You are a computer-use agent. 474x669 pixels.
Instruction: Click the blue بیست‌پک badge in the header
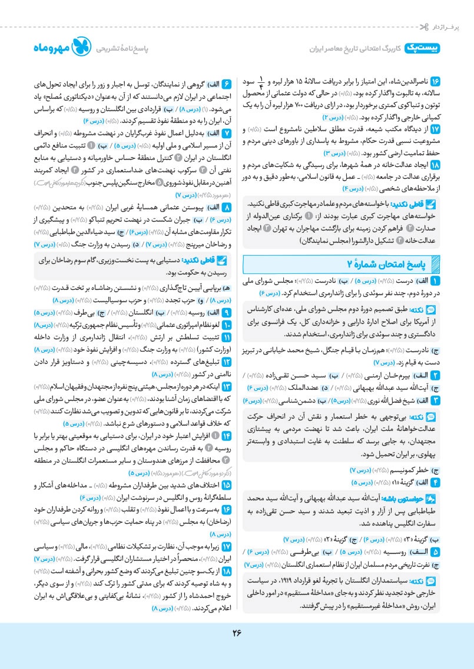(x=423, y=49)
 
